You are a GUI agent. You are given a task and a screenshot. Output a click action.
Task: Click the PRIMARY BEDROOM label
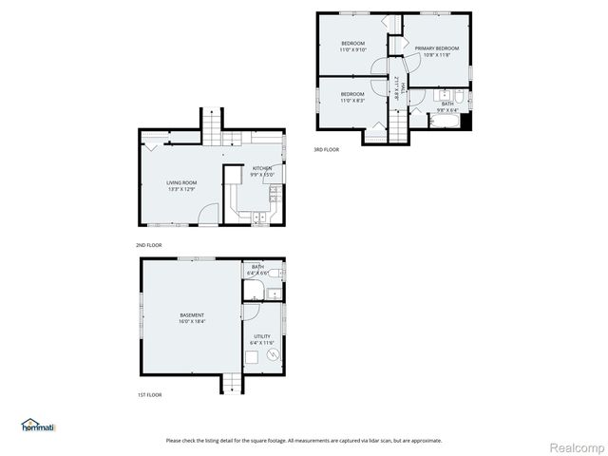(x=436, y=48)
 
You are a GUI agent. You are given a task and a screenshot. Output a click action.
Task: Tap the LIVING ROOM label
(x=181, y=182)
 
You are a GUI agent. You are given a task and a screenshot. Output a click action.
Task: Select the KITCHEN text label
(x=261, y=168)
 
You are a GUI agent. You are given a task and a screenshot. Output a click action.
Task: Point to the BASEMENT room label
(x=192, y=315)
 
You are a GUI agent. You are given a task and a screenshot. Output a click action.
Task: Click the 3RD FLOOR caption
(x=326, y=149)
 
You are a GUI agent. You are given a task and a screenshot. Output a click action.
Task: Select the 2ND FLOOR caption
(x=148, y=245)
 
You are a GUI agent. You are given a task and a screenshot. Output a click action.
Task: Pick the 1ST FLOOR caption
(x=148, y=394)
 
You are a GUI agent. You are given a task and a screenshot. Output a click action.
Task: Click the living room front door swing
(x=210, y=215)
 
